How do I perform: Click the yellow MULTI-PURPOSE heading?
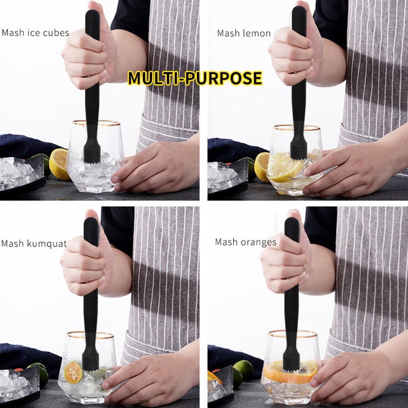tap(195, 78)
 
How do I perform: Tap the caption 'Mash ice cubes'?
tap(35, 33)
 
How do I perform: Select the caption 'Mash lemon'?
tap(244, 33)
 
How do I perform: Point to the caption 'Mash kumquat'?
tap(34, 244)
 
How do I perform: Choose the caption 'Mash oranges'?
tap(246, 242)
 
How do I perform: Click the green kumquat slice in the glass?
tap(73, 373)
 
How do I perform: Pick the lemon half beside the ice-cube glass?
tap(59, 164)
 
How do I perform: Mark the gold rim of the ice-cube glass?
tap(96, 122)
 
